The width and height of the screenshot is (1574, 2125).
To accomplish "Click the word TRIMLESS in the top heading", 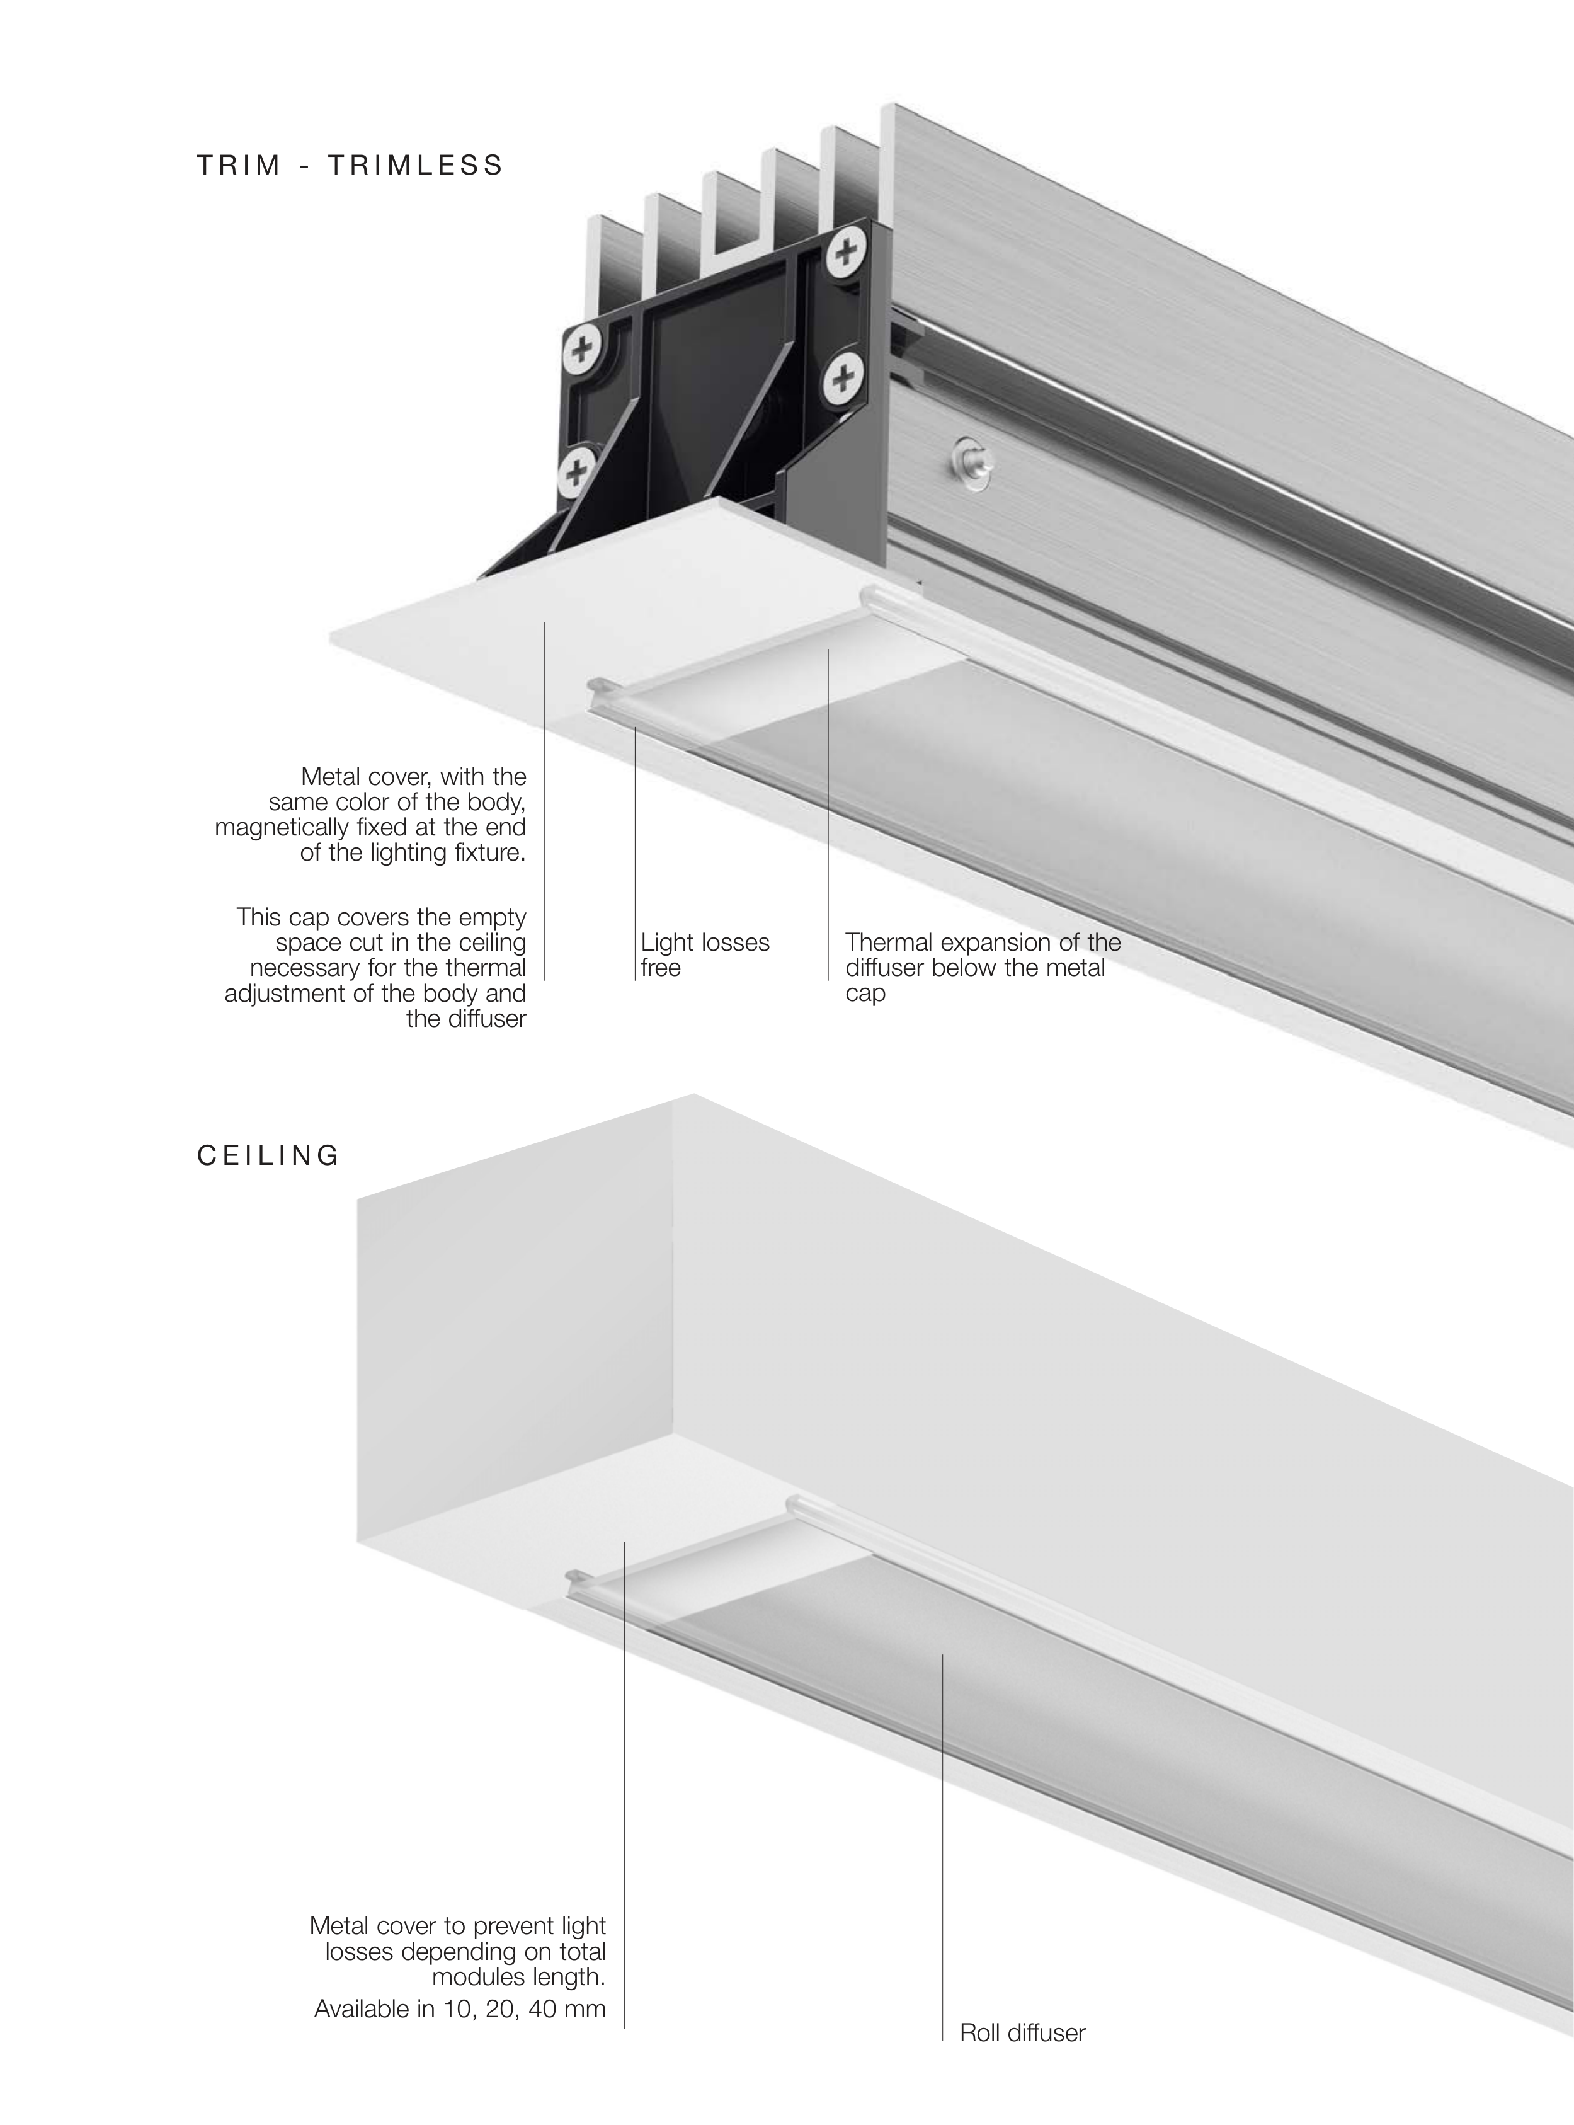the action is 416,166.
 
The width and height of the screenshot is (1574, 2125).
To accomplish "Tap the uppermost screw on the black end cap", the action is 844,253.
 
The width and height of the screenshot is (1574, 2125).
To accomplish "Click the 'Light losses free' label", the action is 705,955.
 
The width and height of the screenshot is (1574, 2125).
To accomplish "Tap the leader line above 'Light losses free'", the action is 636,854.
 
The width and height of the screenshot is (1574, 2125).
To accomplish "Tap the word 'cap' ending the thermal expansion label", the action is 865,994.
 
